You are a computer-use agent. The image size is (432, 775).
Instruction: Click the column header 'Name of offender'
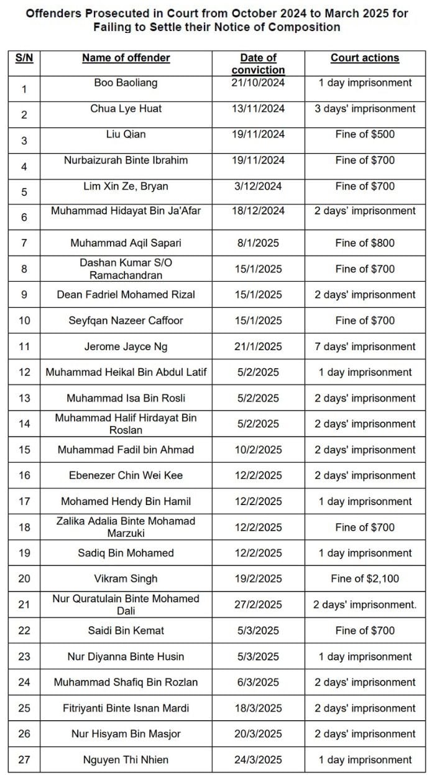point(126,58)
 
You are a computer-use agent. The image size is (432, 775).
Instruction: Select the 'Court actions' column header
point(364,58)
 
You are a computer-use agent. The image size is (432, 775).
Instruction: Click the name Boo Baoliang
point(126,83)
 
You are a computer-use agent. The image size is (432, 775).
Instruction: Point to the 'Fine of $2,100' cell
point(364,578)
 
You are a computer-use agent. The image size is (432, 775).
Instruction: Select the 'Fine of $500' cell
point(364,134)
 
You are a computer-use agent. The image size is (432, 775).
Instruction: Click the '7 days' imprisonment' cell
point(364,346)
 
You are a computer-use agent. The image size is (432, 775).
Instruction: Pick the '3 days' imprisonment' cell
point(364,109)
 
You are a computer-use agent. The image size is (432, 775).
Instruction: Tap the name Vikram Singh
point(126,578)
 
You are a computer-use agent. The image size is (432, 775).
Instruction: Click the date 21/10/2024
point(258,83)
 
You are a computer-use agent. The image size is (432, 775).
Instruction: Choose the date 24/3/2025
point(258,759)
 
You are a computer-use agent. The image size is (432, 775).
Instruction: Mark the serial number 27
point(24,759)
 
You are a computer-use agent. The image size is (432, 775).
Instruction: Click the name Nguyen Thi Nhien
point(126,759)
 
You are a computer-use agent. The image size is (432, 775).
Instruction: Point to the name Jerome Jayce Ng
point(126,346)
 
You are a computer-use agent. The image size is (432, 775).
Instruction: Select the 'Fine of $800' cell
point(364,243)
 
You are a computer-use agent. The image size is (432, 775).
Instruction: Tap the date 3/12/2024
point(258,186)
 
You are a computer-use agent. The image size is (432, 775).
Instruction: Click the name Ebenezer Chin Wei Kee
point(126,475)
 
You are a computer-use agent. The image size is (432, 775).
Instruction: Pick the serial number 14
point(24,424)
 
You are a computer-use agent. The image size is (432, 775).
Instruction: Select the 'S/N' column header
point(24,58)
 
